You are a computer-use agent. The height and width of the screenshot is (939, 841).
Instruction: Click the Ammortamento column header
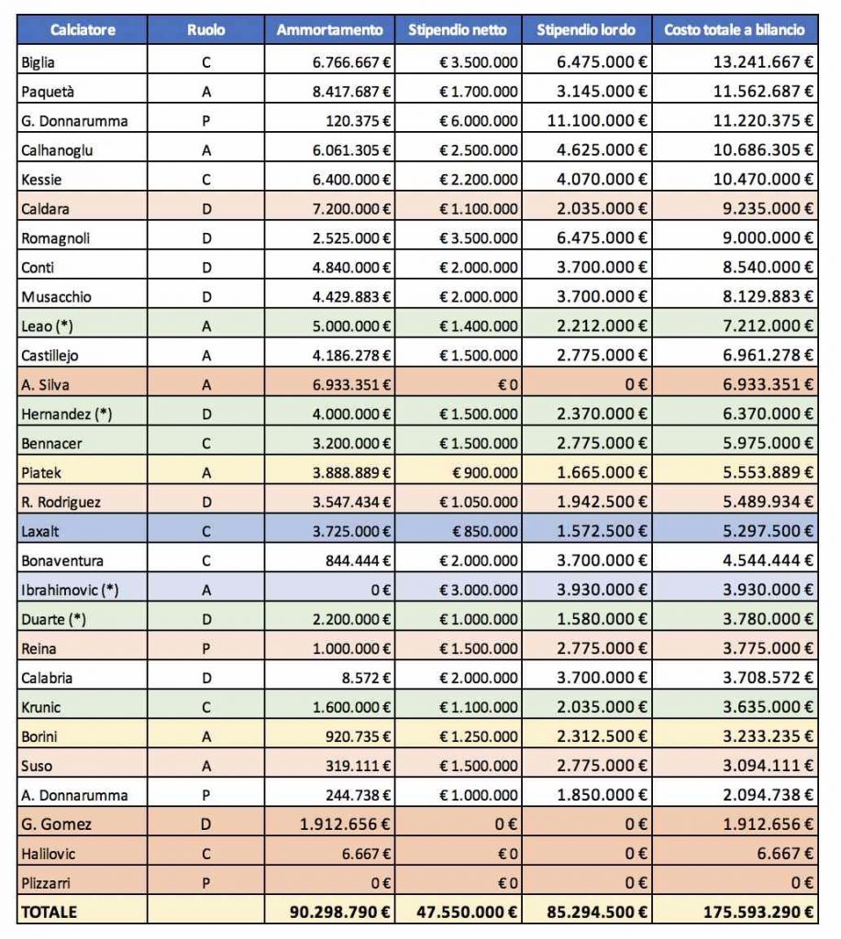[329, 30]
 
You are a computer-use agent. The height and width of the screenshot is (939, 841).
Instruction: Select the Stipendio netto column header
[457, 30]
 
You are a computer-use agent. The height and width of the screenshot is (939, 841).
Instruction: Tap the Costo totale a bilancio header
[735, 30]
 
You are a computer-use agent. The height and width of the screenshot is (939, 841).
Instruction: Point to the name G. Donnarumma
[74, 121]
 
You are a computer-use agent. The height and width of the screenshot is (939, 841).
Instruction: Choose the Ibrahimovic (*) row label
[70, 591]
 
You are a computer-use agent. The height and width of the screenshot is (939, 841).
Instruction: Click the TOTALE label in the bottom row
[50, 912]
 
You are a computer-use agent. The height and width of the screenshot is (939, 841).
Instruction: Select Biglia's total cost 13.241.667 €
[762, 62]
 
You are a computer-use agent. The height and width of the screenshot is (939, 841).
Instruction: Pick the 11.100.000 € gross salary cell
[597, 121]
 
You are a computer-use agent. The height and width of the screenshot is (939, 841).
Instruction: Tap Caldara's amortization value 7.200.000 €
[351, 209]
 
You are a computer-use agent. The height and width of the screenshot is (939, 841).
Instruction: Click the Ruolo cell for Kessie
[206, 180]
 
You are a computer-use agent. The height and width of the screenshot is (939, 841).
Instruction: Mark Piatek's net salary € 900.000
[484, 473]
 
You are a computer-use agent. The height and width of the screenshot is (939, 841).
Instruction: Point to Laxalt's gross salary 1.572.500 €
[602, 532]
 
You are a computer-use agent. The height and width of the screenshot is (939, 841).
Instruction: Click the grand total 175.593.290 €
[758, 912]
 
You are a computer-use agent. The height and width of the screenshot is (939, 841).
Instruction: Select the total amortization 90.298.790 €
[339, 912]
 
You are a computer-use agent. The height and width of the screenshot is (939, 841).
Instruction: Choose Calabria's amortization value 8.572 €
[366, 679]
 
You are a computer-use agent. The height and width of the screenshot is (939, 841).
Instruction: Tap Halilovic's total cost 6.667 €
[785, 854]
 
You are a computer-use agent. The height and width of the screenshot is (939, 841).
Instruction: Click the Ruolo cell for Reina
[206, 649]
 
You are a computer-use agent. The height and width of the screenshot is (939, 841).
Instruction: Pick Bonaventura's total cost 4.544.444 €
[768, 561]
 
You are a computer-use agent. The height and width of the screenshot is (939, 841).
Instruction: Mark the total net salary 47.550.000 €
[467, 912]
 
